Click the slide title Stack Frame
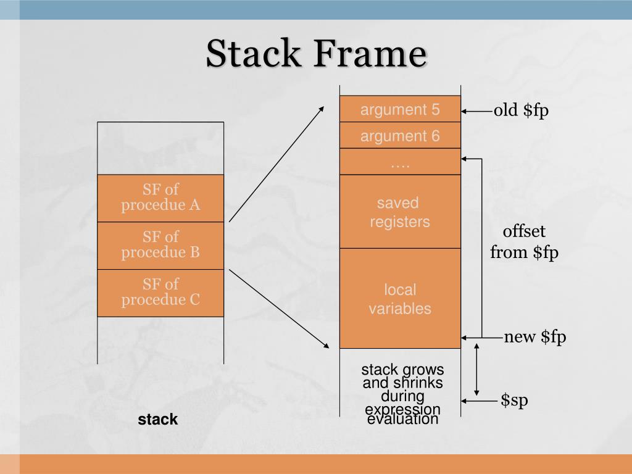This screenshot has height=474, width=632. pyautogui.click(x=316, y=54)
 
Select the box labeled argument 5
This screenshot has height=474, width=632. pyautogui.click(x=400, y=109)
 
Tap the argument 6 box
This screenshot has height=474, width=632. pyautogui.click(x=400, y=136)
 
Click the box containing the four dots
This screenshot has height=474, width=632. pyautogui.click(x=400, y=162)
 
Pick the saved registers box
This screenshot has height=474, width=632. pyautogui.click(x=400, y=212)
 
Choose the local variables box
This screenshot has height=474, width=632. pyautogui.click(x=400, y=299)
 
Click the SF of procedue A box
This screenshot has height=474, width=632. pyautogui.click(x=160, y=197)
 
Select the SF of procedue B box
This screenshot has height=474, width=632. pyautogui.click(x=160, y=245)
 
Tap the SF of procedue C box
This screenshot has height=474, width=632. pyautogui.click(x=160, y=293)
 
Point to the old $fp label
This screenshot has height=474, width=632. pyautogui.click(x=521, y=110)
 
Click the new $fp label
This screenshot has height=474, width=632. pyautogui.click(x=534, y=337)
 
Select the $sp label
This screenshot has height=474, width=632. pyautogui.click(x=514, y=401)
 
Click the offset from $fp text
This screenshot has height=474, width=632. pyautogui.click(x=524, y=242)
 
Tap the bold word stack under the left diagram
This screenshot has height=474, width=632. pyautogui.click(x=158, y=420)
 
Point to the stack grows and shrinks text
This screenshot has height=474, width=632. pyautogui.click(x=402, y=394)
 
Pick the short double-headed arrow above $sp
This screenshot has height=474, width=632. pyautogui.click(x=476, y=369)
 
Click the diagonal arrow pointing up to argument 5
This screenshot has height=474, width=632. pyautogui.click(x=276, y=163)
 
